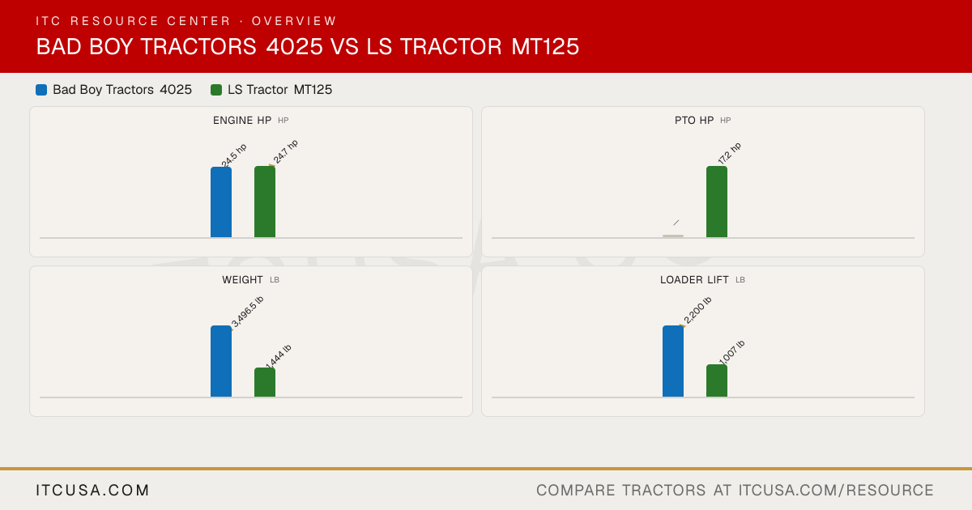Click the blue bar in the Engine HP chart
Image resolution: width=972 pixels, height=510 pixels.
pyautogui.click(x=221, y=202)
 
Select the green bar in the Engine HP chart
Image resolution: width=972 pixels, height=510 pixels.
pyautogui.click(x=265, y=202)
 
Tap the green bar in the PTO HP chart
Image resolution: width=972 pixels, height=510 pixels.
pyautogui.click(x=716, y=202)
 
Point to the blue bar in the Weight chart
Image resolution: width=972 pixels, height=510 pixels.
pyautogui.click(x=221, y=361)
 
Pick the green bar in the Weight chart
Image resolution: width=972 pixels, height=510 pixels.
pyautogui.click(x=265, y=382)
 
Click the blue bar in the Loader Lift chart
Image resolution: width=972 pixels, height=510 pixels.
pyautogui.click(x=672, y=361)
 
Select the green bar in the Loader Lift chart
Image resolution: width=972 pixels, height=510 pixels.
pyautogui.click(x=716, y=380)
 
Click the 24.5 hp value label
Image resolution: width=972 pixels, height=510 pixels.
pyautogui.click(x=234, y=155)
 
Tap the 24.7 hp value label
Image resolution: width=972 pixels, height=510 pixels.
pyautogui.click(x=285, y=152)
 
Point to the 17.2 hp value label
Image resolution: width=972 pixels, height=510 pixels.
pyautogui.click(x=730, y=154)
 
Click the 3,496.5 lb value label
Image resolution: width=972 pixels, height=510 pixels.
pyautogui.click(x=247, y=312)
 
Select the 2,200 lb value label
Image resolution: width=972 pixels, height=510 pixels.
pyautogui.click(x=697, y=311)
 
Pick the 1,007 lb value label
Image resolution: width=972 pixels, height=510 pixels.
pyautogui.click(x=731, y=353)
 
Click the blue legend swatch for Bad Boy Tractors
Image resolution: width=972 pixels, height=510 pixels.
pyautogui.click(x=41, y=90)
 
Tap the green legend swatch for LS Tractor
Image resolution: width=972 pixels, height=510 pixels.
pyautogui.click(x=216, y=90)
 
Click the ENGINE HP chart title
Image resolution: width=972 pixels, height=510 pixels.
pyautogui.click(x=242, y=120)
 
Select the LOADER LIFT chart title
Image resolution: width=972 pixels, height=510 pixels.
pyautogui.click(x=694, y=280)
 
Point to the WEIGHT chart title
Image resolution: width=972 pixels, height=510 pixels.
pyautogui.click(x=242, y=280)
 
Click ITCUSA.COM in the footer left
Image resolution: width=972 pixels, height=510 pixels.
pyautogui.click(x=92, y=490)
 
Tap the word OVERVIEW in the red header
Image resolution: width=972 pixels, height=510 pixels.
pyautogui.click(x=294, y=21)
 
